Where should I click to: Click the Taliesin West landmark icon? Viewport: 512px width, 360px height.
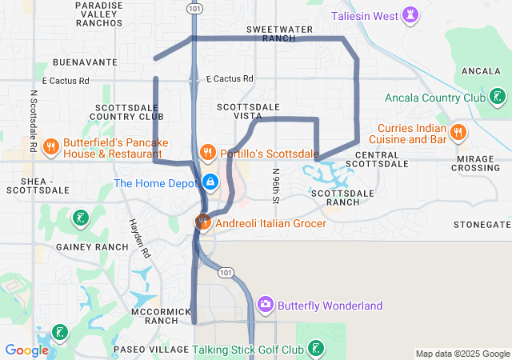(x=411, y=15)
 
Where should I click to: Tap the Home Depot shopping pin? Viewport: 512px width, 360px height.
(x=210, y=182)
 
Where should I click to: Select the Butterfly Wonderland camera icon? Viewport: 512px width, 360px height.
(x=266, y=305)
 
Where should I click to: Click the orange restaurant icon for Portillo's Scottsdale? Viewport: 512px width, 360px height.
(x=207, y=152)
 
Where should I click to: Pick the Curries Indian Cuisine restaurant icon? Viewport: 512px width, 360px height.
(x=458, y=132)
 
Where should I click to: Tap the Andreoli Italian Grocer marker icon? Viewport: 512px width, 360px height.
(x=202, y=222)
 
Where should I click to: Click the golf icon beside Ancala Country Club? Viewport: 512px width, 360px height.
(x=498, y=98)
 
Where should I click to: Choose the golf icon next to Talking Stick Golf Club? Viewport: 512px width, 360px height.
(x=317, y=349)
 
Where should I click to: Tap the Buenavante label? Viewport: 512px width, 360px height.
(x=84, y=62)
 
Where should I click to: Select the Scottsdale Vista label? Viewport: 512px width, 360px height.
(x=248, y=111)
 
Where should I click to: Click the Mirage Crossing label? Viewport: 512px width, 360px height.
(x=477, y=163)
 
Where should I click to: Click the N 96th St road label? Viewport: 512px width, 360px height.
(x=276, y=184)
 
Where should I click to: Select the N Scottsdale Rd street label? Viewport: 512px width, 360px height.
(x=34, y=120)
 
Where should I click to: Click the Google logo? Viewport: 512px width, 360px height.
(x=26, y=350)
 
